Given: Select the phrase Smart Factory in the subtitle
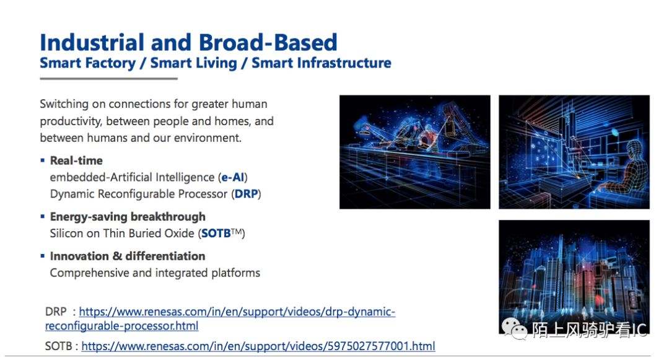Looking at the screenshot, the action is (x=87, y=63).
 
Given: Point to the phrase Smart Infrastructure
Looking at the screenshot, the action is (x=321, y=63).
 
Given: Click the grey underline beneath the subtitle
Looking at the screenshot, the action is (x=109, y=79).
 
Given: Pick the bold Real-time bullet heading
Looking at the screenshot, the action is (x=76, y=160).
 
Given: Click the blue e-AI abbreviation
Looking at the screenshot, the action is (x=232, y=177).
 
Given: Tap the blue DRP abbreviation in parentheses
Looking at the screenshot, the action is (x=246, y=194).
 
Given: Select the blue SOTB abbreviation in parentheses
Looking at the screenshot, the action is (x=216, y=234).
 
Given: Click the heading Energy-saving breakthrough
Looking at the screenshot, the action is (x=128, y=217).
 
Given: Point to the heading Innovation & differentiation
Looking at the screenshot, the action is (x=128, y=256).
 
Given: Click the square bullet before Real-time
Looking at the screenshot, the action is (x=43, y=160).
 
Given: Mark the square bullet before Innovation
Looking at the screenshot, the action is (x=43, y=256).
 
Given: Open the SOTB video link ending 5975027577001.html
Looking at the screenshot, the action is (x=258, y=346).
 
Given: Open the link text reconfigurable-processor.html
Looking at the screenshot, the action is (x=121, y=326).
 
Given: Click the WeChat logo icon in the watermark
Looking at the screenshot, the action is (x=514, y=329).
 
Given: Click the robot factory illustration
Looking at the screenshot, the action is (x=414, y=152).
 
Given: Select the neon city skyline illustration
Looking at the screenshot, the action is (x=574, y=277).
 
